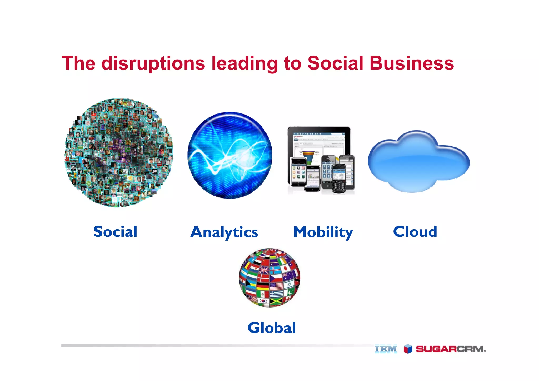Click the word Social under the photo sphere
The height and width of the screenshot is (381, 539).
tap(115, 232)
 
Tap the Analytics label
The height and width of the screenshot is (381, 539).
tap(224, 232)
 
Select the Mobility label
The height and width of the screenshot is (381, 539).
tap(323, 232)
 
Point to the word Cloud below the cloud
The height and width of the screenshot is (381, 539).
tap(415, 232)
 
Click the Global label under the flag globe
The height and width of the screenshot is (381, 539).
tap(272, 328)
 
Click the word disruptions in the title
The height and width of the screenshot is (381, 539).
tap(153, 63)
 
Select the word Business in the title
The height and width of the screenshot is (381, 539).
tap(412, 63)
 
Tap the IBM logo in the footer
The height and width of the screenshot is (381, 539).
tap(386, 349)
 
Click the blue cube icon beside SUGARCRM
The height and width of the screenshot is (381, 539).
tap(408, 349)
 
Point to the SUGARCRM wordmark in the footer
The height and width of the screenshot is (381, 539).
tap(451, 349)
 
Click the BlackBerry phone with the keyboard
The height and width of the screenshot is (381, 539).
tap(339, 179)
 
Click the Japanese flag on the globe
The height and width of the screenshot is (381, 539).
tap(285, 268)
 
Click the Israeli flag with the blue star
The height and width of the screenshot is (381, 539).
tap(289, 284)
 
